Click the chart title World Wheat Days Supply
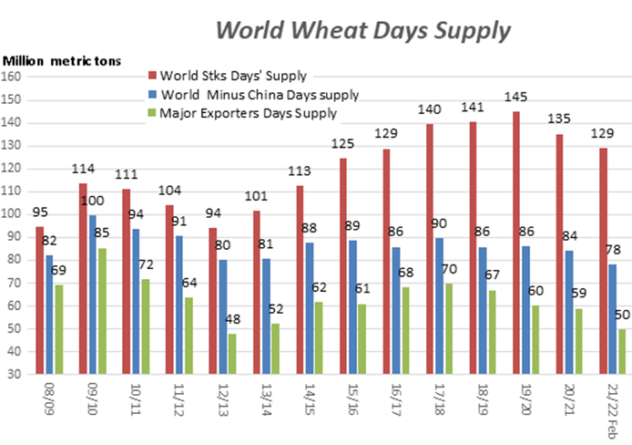click(362, 30)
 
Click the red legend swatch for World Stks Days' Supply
click(152, 74)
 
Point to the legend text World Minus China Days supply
click(260, 93)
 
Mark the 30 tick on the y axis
click(16, 374)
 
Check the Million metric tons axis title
click(61, 59)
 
